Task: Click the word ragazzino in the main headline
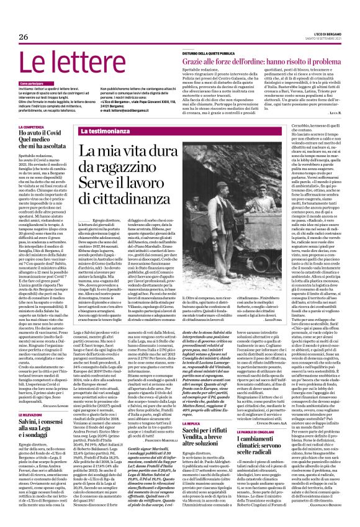pyautogui.click(x=133, y=169)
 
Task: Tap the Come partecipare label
pyautogui.click(x=32, y=82)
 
